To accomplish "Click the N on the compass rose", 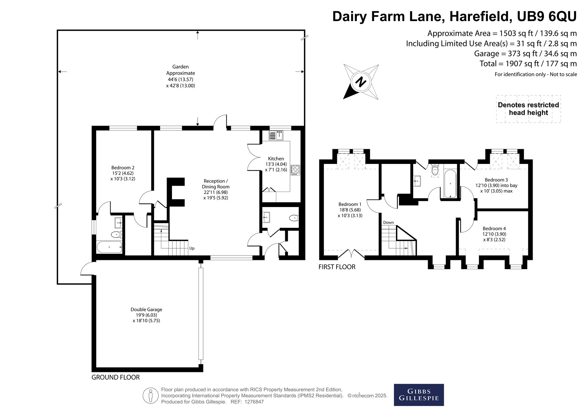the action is coord(361,81).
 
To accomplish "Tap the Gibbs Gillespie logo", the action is coord(419,395).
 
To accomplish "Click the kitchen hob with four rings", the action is coord(295,170).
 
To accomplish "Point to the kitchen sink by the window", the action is coord(277,135).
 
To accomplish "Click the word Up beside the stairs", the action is coord(192,248).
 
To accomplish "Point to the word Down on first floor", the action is coord(388,222).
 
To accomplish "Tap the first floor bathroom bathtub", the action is coord(450,183).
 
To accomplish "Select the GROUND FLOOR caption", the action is coord(116,377).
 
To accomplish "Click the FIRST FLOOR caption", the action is coord(337,267).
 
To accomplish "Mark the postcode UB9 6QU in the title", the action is coord(547,17).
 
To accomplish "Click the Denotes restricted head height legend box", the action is coord(528,109).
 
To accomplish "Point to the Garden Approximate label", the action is coord(181,76).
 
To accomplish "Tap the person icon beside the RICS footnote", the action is coord(150,396).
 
